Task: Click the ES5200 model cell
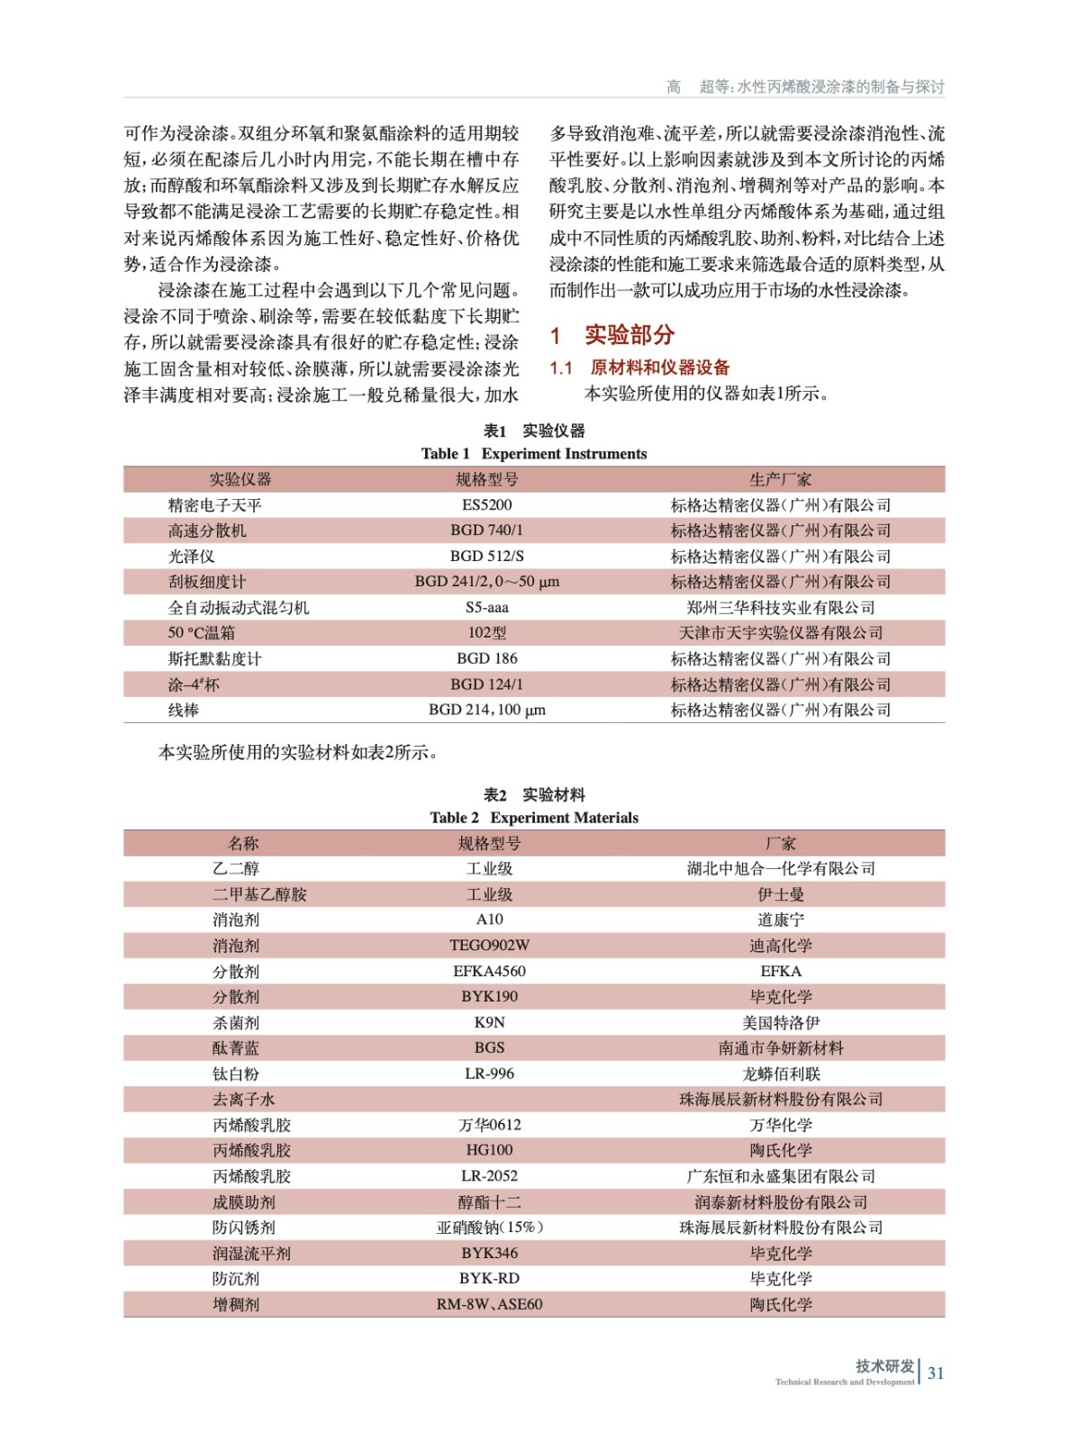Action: pos(486,505)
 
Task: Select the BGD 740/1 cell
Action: pos(486,530)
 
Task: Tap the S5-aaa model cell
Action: pos(486,608)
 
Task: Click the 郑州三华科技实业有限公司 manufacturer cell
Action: pos(780,608)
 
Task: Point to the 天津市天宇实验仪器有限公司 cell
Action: pos(780,633)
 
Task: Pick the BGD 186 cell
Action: pos(486,658)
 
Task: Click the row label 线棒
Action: pos(184,711)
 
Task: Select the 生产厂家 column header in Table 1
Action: pos(780,479)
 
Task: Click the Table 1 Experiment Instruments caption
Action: pos(533,454)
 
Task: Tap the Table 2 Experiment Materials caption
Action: pos(533,818)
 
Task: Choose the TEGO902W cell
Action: pos(489,946)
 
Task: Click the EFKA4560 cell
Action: pos(489,971)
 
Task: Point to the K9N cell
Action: pos(489,1022)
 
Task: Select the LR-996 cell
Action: pos(489,1074)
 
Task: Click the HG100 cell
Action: pos(489,1150)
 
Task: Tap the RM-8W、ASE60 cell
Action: pos(489,1304)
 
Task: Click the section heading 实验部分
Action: pos(629,335)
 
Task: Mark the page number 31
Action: pos(936,1373)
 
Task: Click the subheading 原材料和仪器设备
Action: pos(659,367)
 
